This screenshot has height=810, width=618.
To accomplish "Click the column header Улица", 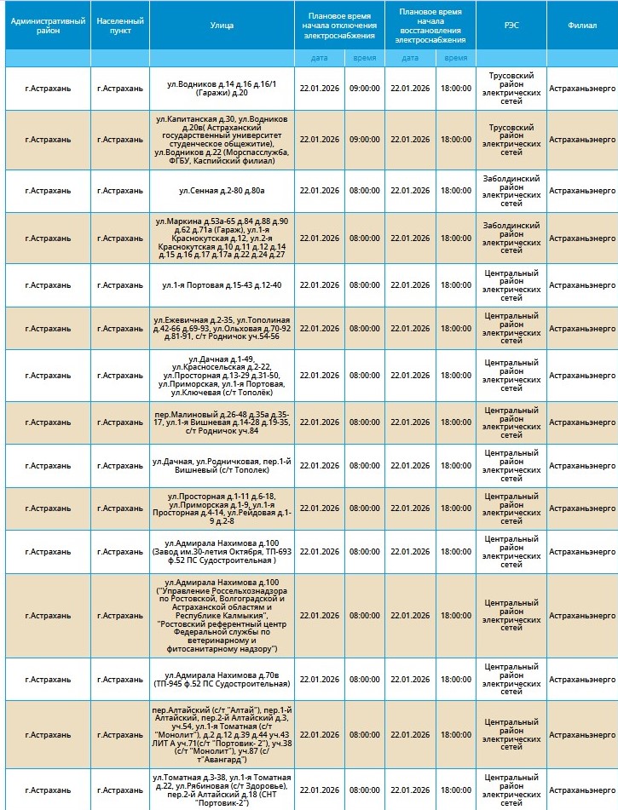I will (x=222, y=26).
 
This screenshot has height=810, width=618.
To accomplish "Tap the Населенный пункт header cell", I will (x=120, y=26).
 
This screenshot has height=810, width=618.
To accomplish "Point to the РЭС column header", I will (x=511, y=26).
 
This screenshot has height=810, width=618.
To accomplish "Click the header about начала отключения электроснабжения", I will (x=339, y=26).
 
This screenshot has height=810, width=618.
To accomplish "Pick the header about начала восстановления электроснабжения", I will (x=431, y=26).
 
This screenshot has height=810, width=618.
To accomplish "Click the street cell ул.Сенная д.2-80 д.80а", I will (x=222, y=191).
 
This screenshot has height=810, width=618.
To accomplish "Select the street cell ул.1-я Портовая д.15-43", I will (x=222, y=284).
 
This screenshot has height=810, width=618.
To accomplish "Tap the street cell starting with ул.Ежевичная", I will (x=222, y=328).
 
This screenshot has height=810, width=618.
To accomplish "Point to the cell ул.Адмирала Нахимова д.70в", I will (x=222, y=679).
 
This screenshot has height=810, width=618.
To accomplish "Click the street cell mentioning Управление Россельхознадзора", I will (x=222, y=615).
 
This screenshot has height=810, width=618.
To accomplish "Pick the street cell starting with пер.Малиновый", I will (x=222, y=422).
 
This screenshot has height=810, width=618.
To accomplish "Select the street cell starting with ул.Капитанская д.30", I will (x=222, y=139).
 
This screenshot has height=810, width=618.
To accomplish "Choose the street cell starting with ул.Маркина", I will (x=222, y=238).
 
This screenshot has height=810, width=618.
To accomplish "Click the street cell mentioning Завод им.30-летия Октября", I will (x=222, y=551).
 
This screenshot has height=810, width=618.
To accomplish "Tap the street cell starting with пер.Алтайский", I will (x=222, y=734).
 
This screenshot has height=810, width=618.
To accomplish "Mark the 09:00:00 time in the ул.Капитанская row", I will (x=364, y=139).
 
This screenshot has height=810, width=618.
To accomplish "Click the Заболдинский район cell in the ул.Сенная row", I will (x=511, y=191).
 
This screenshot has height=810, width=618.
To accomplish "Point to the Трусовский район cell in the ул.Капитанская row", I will (x=511, y=139).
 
